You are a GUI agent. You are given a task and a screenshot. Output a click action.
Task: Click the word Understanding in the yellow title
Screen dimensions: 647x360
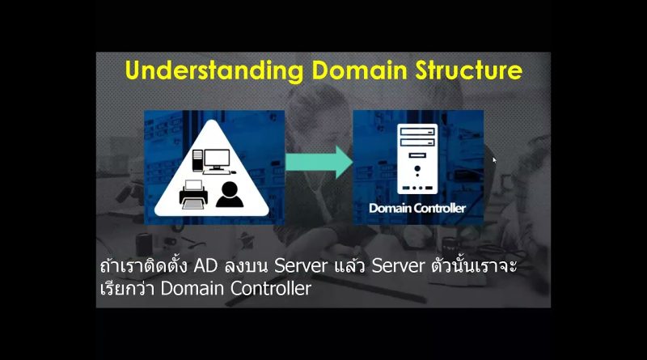[x=214, y=71]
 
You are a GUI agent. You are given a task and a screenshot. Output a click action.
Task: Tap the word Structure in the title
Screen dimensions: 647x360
[x=469, y=70]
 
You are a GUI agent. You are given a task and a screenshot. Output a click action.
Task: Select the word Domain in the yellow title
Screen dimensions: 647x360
[x=359, y=70]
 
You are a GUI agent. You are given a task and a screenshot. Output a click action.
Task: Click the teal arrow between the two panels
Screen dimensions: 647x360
[x=319, y=162]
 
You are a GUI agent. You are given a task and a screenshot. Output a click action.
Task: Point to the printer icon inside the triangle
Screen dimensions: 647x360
[x=193, y=194]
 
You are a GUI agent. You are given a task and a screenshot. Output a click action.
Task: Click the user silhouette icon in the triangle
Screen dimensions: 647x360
[x=230, y=194]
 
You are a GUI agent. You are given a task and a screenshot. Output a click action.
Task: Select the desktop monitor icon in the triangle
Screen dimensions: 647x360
[x=217, y=161]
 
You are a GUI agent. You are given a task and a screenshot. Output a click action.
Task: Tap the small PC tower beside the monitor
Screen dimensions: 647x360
[x=197, y=161]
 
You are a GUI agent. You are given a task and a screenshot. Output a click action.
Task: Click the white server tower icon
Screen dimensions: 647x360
[x=417, y=159]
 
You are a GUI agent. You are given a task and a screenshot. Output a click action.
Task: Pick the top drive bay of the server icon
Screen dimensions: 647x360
[x=417, y=132]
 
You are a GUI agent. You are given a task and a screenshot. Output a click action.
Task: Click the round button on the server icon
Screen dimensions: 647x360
[x=417, y=168]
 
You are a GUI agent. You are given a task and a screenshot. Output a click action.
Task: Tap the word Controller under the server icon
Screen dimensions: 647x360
[x=441, y=208]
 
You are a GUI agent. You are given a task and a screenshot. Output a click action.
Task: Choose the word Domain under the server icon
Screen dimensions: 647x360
[x=391, y=208]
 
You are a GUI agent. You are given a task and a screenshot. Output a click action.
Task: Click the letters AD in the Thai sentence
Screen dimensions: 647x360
[x=205, y=266]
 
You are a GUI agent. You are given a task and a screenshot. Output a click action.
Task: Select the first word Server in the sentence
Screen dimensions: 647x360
[x=301, y=266]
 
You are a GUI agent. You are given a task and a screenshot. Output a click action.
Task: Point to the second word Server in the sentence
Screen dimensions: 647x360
[x=398, y=266]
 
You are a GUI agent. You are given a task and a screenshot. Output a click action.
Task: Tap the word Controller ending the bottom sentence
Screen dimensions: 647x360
[x=271, y=288]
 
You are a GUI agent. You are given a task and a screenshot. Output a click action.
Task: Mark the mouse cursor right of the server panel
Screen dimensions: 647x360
[x=494, y=160]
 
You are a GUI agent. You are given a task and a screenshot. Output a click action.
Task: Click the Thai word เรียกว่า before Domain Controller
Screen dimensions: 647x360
[x=128, y=287]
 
